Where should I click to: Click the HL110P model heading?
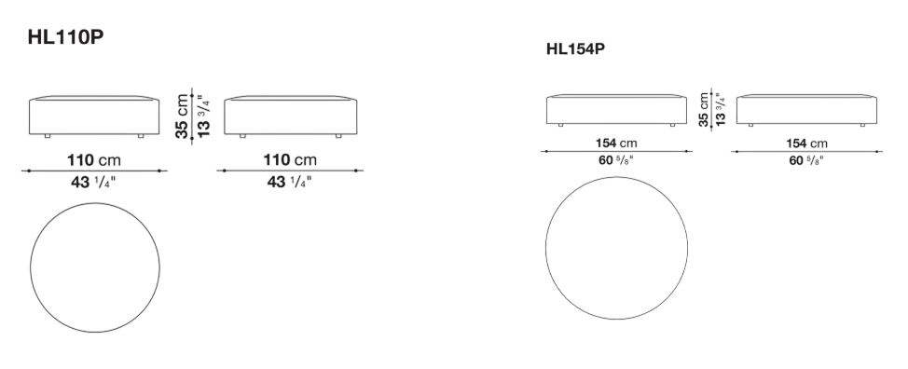pyautogui.click(x=65, y=37)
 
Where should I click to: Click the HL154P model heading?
pyautogui.click(x=575, y=49)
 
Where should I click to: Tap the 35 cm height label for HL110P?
pyautogui.click(x=183, y=116)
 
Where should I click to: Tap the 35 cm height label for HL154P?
pyautogui.click(x=704, y=110)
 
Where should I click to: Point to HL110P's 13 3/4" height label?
pyautogui.click(x=204, y=116)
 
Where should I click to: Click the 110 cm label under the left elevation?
pyautogui.click(x=94, y=160)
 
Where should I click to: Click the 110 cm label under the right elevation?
pyautogui.click(x=290, y=160)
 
